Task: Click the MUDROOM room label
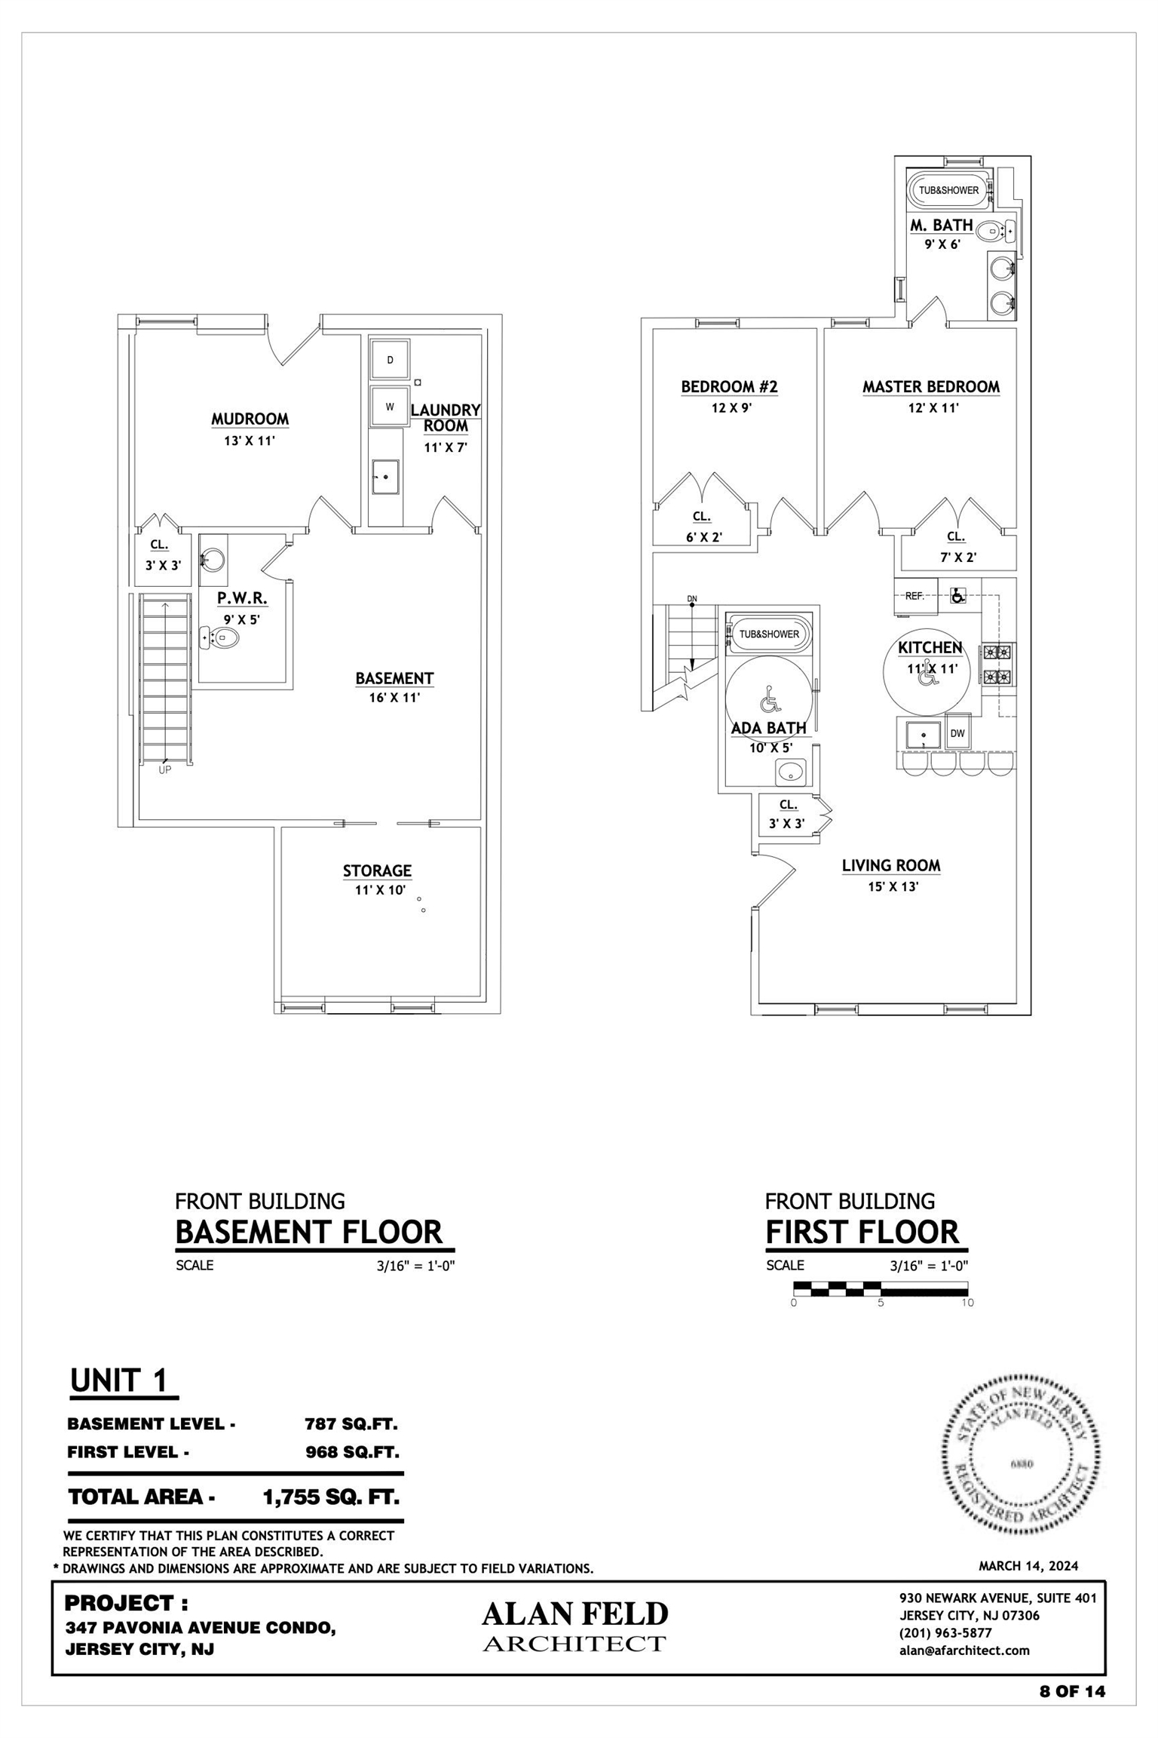250,419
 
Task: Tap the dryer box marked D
390,360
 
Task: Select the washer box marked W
390,407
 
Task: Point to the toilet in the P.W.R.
221,638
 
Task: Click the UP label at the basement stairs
164,770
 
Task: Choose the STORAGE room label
377,871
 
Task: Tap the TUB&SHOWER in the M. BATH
948,190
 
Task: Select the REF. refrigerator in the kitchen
915,596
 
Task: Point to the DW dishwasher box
957,733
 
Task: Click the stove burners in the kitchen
997,665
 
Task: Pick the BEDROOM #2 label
729,387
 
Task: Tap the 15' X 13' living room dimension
893,887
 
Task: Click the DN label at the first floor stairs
692,599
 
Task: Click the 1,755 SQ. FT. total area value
331,1497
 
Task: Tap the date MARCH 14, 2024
1028,1566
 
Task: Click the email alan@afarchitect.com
964,1650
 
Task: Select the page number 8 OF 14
1072,1691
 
